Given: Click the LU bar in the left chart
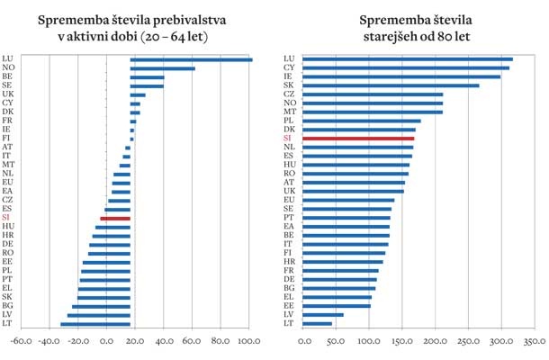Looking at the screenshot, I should point(191,59).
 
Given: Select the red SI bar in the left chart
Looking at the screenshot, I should point(115,219).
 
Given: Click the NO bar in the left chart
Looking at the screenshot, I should point(162,68).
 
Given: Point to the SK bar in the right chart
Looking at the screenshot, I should point(391,85).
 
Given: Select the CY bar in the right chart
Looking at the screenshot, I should point(406,67).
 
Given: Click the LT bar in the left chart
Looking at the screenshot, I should point(95,324).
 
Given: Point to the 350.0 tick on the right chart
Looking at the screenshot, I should point(534,342).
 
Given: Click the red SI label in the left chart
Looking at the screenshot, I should point(6,219).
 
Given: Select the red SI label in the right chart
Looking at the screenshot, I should point(288,139).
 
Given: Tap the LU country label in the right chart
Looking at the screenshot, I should point(288,59).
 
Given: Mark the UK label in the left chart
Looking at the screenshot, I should point(7,94).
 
